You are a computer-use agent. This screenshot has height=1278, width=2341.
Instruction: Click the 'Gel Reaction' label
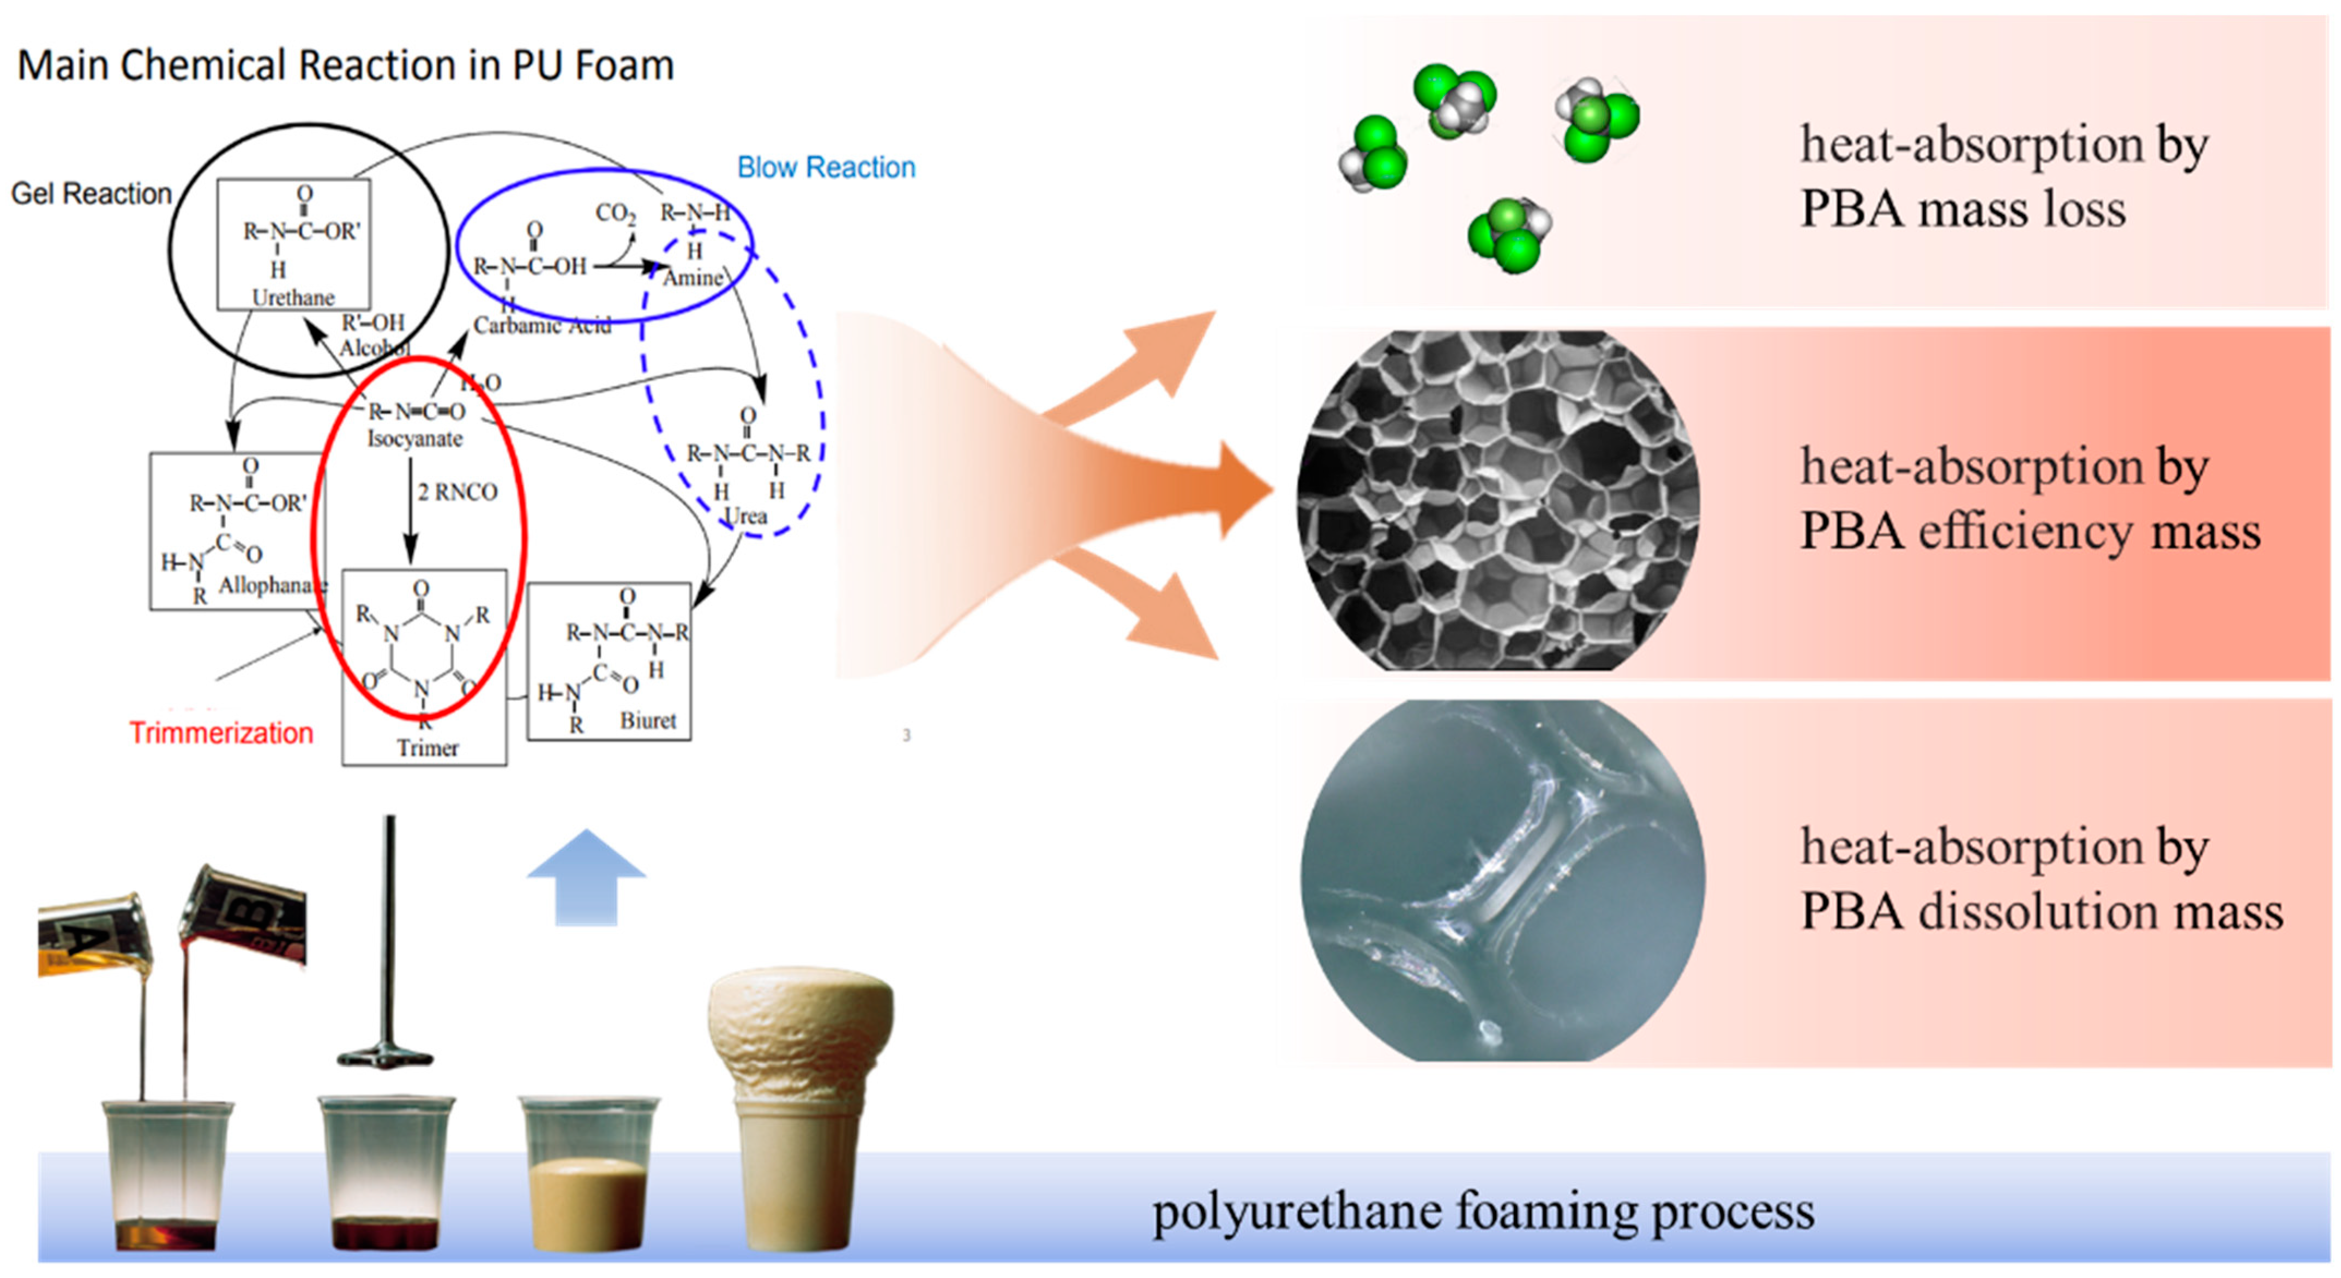(x=91, y=194)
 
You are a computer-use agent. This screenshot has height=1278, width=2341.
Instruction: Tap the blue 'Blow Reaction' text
(x=825, y=167)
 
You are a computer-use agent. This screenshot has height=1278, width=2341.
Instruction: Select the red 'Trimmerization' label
(x=221, y=733)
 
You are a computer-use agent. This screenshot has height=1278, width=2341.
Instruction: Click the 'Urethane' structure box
(x=293, y=244)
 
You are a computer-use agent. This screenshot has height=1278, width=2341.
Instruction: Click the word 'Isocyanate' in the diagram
(x=414, y=439)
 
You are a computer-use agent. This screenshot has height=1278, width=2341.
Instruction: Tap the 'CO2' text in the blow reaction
(x=615, y=213)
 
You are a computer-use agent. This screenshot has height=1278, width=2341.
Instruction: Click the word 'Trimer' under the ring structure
(x=427, y=748)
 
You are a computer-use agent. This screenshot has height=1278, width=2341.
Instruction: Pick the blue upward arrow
(x=586, y=877)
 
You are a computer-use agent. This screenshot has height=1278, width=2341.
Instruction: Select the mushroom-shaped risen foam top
(x=800, y=1009)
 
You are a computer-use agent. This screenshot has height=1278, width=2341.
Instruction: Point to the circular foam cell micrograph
(x=1497, y=501)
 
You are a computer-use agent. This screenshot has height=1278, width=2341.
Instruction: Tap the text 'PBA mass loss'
(x=1963, y=209)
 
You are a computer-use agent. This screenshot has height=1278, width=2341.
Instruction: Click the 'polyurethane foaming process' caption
(x=1483, y=1211)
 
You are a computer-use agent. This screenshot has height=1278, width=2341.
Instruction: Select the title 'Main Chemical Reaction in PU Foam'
(x=345, y=65)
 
